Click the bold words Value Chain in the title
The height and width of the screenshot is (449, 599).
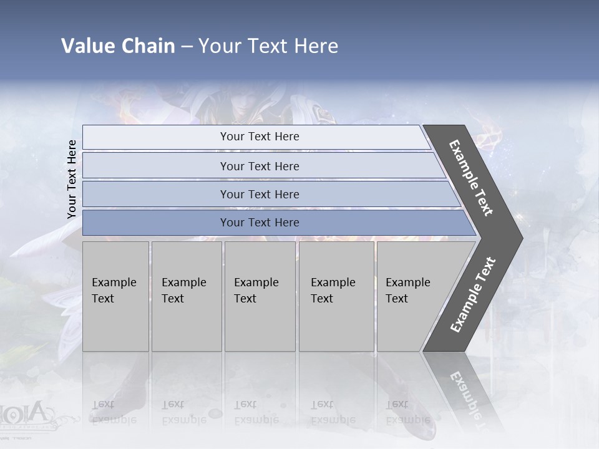click(118, 46)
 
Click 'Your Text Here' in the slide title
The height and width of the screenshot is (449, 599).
click(268, 46)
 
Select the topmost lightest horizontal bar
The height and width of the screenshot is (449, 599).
click(259, 137)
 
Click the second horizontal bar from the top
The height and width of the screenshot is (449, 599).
click(259, 166)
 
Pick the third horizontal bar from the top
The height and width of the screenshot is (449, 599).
click(259, 194)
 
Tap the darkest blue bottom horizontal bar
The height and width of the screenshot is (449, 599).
click(259, 223)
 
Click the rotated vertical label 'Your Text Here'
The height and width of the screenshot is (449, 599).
click(72, 179)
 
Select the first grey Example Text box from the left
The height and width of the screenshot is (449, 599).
click(115, 296)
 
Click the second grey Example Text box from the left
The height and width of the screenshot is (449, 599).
click(187, 296)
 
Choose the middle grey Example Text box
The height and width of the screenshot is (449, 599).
click(260, 296)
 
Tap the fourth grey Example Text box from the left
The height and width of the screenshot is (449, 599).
click(336, 296)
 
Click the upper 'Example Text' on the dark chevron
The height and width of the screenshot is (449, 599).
click(471, 178)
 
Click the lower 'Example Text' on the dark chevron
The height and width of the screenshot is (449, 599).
click(472, 294)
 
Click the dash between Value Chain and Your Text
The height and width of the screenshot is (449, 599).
click(187, 46)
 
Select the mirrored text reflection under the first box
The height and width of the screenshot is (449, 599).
click(113, 412)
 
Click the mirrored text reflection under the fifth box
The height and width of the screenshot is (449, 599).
click(407, 412)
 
